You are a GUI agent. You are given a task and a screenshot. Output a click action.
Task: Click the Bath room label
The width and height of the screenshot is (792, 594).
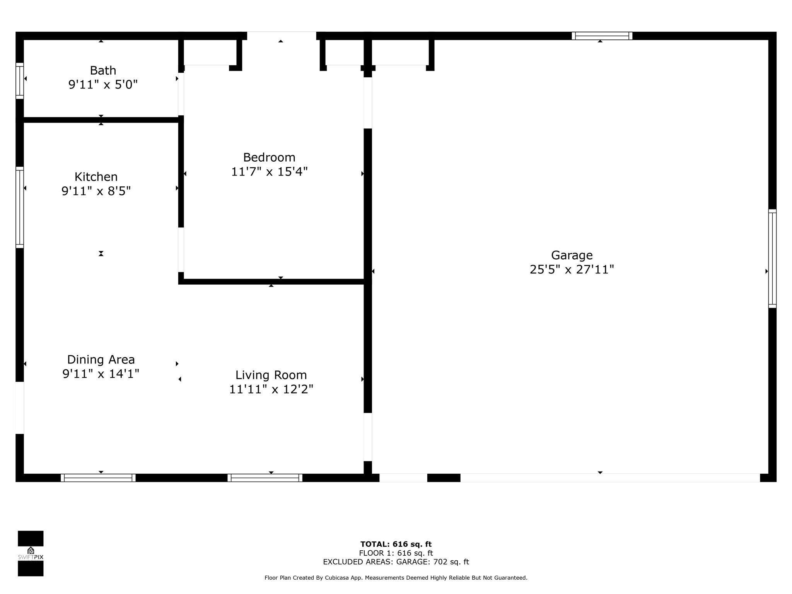(103, 70)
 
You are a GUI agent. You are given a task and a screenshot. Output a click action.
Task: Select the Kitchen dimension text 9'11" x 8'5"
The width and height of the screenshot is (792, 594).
(96, 191)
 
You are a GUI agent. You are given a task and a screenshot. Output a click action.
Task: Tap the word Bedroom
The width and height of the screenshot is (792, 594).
(269, 157)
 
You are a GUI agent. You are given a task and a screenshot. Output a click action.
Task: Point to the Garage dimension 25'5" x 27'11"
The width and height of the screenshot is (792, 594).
(572, 269)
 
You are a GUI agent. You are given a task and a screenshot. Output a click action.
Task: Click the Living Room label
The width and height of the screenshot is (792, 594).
(271, 375)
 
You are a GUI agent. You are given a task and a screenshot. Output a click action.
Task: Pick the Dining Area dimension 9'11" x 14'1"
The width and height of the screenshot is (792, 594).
(101, 374)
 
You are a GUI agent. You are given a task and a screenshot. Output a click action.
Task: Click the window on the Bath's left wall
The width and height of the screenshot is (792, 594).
(20, 81)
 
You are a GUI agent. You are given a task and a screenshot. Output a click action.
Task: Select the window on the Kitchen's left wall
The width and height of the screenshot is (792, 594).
(20, 207)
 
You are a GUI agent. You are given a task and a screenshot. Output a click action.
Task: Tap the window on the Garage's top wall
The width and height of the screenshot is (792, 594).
(602, 36)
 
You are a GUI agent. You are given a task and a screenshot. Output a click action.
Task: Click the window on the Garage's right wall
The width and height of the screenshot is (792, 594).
(772, 259)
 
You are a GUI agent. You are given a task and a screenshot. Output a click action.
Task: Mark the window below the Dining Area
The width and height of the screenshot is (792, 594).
(98, 478)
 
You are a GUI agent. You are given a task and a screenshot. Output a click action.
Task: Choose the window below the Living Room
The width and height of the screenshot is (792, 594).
(265, 478)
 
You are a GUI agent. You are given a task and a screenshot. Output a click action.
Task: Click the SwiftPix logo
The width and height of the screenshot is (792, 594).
(31, 553)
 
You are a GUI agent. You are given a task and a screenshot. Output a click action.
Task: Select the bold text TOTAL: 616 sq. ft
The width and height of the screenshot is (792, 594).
(396, 544)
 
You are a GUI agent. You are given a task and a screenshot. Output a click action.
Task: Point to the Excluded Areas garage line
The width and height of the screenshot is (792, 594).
(396, 562)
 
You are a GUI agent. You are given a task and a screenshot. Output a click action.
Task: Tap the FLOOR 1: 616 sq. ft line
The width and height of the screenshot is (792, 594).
(396, 553)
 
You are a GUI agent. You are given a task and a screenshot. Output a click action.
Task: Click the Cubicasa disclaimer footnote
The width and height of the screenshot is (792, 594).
(396, 578)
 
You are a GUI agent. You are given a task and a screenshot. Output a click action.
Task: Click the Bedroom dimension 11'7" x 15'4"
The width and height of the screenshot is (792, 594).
(269, 172)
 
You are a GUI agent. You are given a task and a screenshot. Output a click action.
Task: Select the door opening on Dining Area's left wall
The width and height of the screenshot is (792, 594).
(20, 408)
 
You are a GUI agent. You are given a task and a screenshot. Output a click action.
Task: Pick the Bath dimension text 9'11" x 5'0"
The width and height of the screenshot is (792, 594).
(103, 84)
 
